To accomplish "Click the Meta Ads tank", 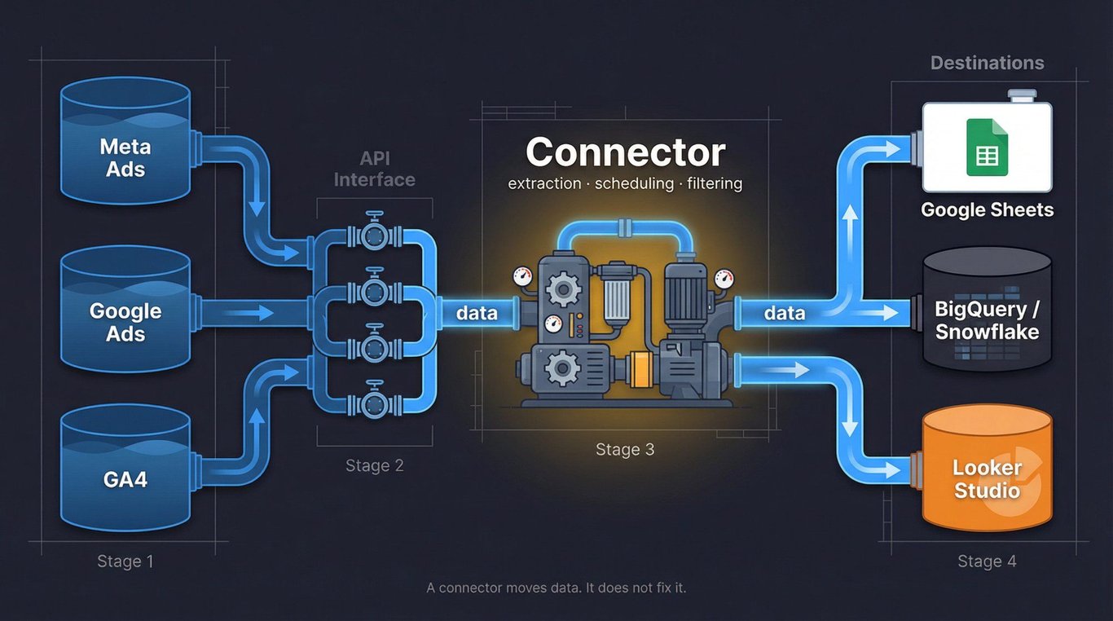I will pyautogui.click(x=125, y=147).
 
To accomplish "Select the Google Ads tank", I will pyautogui.click(x=125, y=314).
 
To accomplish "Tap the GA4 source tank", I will pyautogui.click(x=125, y=473).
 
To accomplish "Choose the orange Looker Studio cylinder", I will pyautogui.click(x=987, y=473).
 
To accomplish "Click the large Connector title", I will pyautogui.click(x=625, y=152).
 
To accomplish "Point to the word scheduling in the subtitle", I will pyautogui.click(x=634, y=183).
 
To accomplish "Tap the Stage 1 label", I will pyautogui.click(x=125, y=562).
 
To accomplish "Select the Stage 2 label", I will pyautogui.click(x=374, y=465).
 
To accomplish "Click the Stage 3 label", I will pyautogui.click(x=625, y=450).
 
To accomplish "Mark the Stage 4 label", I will pyautogui.click(x=987, y=562).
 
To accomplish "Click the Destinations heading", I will pyautogui.click(x=987, y=63).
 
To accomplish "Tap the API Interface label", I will pyautogui.click(x=374, y=169).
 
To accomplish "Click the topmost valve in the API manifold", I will pyautogui.click(x=375, y=235).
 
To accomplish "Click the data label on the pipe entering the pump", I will pyautogui.click(x=477, y=313).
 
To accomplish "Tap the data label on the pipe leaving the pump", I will pyautogui.click(x=785, y=313).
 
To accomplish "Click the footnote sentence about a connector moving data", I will pyautogui.click(x=556, y=588).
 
